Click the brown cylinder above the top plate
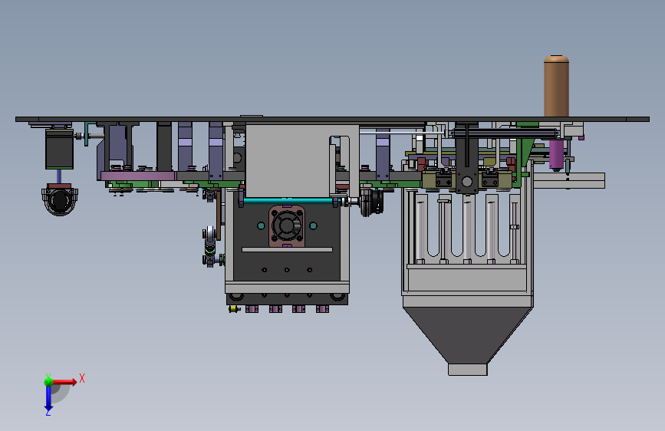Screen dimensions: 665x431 point(556,86)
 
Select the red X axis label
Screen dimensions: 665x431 point(82,378)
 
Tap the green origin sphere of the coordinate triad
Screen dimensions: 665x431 point(48,381)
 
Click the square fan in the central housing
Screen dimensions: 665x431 point(287,226)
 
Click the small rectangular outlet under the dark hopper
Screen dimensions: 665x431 point(467,370)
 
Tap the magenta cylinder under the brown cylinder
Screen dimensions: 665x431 point(556,154)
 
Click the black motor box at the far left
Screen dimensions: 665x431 point(59,149)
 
